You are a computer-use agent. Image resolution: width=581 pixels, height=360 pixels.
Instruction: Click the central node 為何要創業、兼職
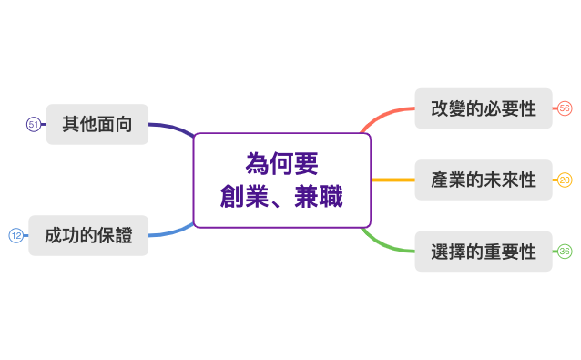[x=282, y=180]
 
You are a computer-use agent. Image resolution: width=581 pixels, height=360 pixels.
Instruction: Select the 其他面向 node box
[x=97, y=124]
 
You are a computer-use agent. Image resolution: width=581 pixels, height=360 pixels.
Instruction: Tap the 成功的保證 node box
[x=88, y=235]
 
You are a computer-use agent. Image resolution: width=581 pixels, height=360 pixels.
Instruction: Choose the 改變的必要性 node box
[x=483, y=108]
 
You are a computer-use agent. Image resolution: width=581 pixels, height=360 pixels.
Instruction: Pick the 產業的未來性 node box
[x=483, y=180]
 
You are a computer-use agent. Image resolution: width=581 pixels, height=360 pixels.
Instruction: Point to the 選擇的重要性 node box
[x=483, y=252]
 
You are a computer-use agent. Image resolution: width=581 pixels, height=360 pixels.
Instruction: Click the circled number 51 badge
[x=34, y=124]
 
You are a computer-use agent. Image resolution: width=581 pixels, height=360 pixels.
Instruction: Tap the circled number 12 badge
[x=15, y=235]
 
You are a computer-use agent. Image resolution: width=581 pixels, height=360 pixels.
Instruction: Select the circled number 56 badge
[x=565, y=108]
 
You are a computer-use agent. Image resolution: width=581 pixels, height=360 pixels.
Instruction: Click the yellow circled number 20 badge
[x=565, y=180]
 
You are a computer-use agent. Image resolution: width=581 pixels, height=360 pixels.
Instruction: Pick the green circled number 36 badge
[x=565, y=252]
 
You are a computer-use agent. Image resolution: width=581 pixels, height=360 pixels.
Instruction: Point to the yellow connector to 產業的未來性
[x=392, y=180]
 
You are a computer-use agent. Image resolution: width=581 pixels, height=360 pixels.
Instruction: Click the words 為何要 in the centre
[x=282, y=164]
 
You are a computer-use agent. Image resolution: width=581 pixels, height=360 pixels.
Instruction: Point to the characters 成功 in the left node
[x=59, y=236]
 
